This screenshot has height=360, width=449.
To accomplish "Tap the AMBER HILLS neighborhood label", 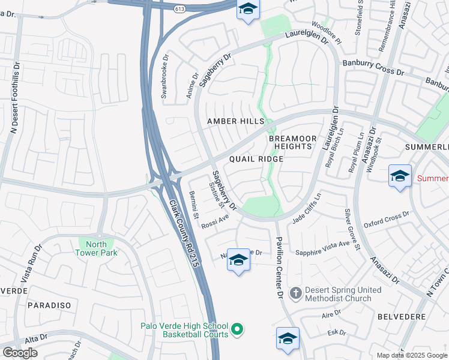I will tap(235, 121).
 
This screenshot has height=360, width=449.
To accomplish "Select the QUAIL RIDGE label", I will tap(256, 159).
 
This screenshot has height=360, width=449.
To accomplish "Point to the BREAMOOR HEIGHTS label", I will tap(291, 142).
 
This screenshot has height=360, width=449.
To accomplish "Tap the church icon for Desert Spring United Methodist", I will tap(295, 293).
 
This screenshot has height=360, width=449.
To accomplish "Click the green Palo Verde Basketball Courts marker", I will tap(237, 329).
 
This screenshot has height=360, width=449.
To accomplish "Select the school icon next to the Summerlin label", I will tap(400, 176).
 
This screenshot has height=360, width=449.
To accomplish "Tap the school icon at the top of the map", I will tap(247, 10).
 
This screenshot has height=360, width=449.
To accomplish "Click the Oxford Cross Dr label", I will tap(386, 217).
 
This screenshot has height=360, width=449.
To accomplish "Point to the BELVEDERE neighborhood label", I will tap(402, 316).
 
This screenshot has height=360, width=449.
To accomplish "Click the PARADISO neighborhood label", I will tap(49, 305).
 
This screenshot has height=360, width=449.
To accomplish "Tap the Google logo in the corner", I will tap(20, 353).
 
